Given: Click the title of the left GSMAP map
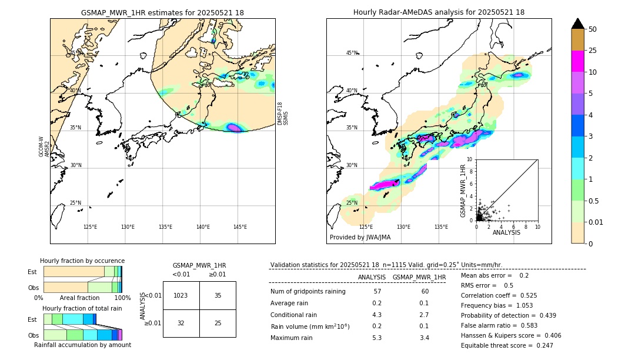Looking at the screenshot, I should [162, 12].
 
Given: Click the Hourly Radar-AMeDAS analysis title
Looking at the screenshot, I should [439, 12].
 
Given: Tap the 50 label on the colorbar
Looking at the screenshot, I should [593, 29].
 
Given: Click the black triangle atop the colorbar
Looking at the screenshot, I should [578, 24].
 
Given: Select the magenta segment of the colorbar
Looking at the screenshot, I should [578, 61].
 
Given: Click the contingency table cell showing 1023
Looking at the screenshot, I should [181, 295].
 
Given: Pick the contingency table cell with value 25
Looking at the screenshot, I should [218, 323].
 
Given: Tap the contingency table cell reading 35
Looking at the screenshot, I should [218, 295].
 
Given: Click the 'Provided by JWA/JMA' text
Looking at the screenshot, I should [360, 237].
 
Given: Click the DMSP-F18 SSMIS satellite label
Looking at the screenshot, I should [283, 113].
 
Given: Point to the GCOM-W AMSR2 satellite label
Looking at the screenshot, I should [44, 147].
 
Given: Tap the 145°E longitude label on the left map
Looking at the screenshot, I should [240, 227].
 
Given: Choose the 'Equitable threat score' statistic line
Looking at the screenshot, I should [507, 345].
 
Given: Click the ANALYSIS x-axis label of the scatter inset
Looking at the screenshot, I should [506, 232].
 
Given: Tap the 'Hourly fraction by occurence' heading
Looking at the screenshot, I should [82, 261].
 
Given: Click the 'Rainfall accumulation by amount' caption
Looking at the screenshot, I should [82, 345].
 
